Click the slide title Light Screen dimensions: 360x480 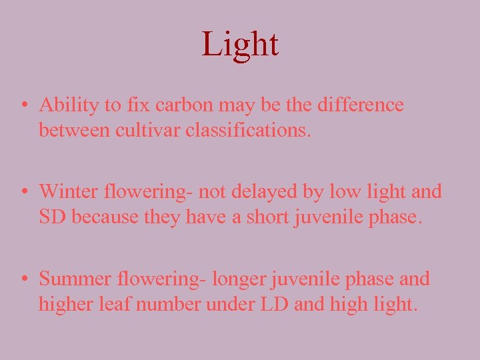240,45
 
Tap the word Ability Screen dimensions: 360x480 65,105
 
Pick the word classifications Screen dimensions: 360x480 248,130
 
